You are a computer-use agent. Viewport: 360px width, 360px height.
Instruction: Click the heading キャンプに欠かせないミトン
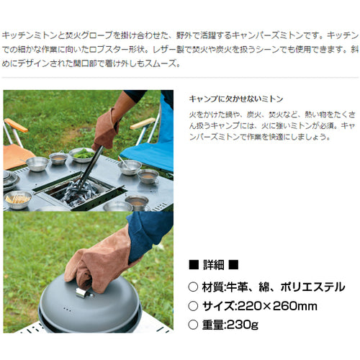click(x=236, y=99)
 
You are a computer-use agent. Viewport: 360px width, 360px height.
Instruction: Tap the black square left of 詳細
click(x=194, y=265)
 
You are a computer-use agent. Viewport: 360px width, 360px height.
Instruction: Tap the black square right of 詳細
click(x=233, y=265)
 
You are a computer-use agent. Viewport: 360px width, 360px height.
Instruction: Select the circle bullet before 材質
click(x=193, y=287)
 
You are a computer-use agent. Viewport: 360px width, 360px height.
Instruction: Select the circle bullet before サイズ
click(x=193, y=306)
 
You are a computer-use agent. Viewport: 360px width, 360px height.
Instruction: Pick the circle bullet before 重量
click(x=193, y=325)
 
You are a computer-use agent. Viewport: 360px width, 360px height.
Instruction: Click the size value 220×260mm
click(x=277, y=306)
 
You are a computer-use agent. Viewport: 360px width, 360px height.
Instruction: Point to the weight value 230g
click(x=243, y=325)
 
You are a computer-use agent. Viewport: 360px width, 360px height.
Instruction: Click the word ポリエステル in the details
click(x=312, y=287)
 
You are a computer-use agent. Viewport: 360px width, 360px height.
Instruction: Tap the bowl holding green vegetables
click(x=82, y=155)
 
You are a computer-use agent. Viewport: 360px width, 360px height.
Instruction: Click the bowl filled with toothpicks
click(x=17, y=199)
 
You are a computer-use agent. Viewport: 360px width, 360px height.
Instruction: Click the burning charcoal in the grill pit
click(x=78, y=193)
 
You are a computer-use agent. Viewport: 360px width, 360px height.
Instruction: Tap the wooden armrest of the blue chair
click(x=143, y=123)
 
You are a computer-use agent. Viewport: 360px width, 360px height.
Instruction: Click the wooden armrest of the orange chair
click(x=16, y=125)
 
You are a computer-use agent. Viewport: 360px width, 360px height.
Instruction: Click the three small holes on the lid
click(x=67, y=310)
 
